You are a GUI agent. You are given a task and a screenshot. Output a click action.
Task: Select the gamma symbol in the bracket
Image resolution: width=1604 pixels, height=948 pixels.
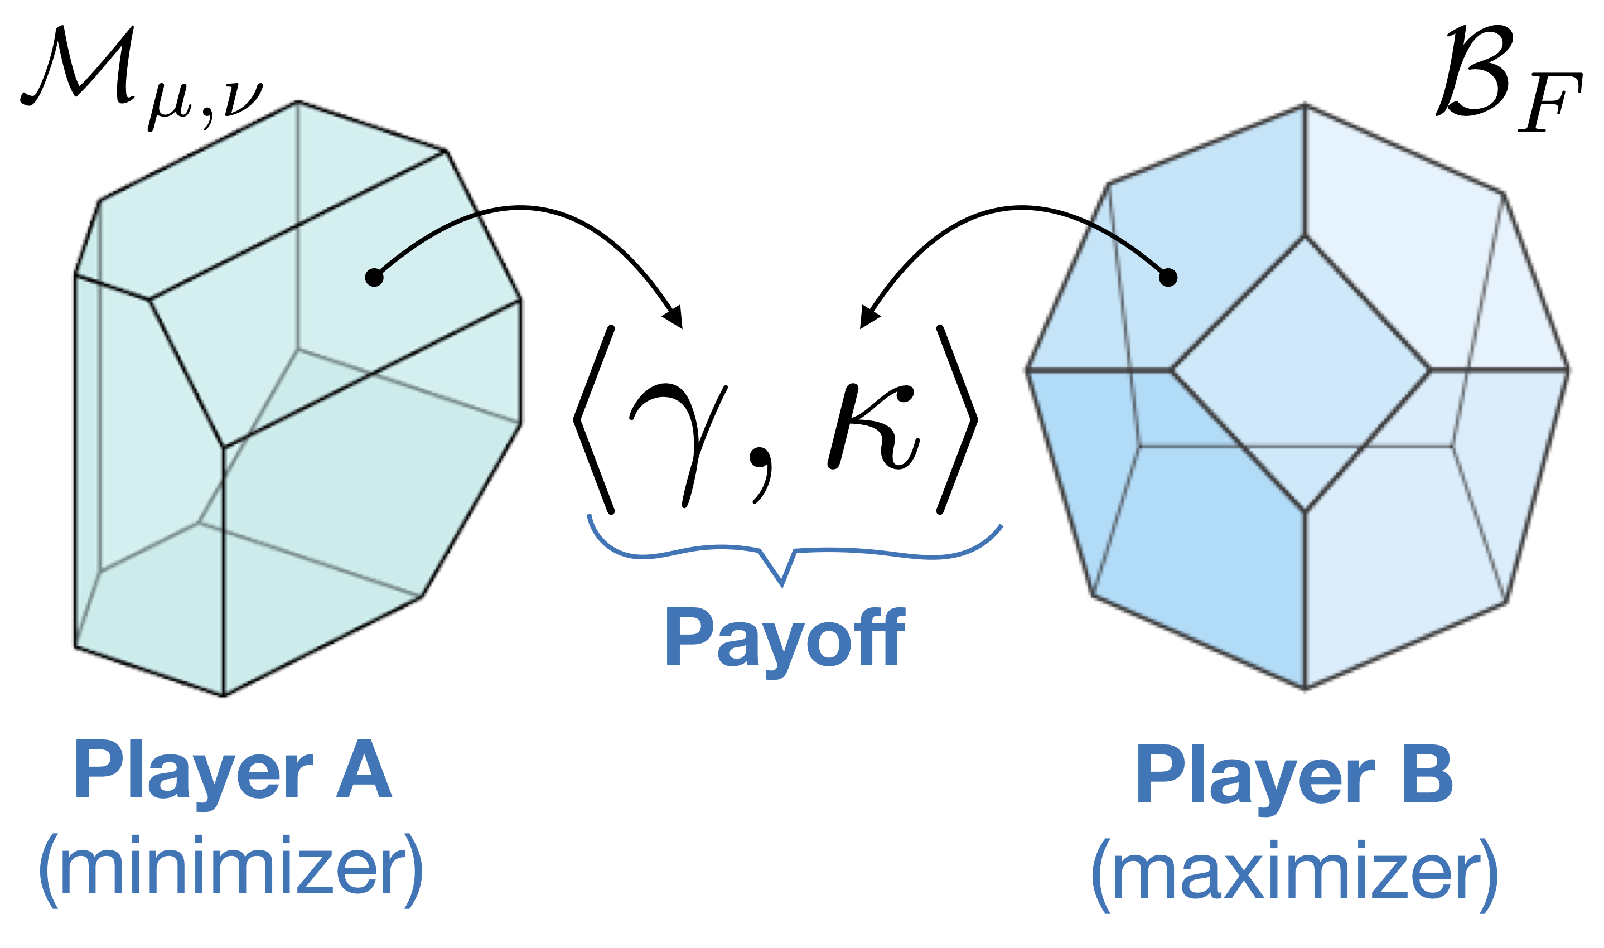tap(678, 444)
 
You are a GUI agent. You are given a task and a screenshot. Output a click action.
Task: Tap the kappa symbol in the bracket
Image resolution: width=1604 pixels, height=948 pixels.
tap(873, 427)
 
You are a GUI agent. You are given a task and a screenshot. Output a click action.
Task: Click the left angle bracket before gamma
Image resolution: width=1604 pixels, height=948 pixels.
tap(594, 420)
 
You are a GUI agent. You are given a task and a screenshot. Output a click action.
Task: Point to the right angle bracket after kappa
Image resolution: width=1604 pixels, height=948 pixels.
tap(957, 420)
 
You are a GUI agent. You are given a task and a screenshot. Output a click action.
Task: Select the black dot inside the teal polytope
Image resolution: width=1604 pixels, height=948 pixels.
tap(374, 277)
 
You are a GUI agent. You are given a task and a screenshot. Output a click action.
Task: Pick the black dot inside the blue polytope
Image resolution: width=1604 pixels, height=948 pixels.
tap(1168, 277)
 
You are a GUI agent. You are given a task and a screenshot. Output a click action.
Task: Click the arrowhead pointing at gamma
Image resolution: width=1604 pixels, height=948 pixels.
tap(674, 317)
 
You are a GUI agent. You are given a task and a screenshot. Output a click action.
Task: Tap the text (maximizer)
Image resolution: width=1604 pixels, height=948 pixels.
tap(1295, 878)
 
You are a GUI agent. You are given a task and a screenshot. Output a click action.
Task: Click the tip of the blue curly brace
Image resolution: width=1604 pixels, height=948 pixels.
tap(782, 584)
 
